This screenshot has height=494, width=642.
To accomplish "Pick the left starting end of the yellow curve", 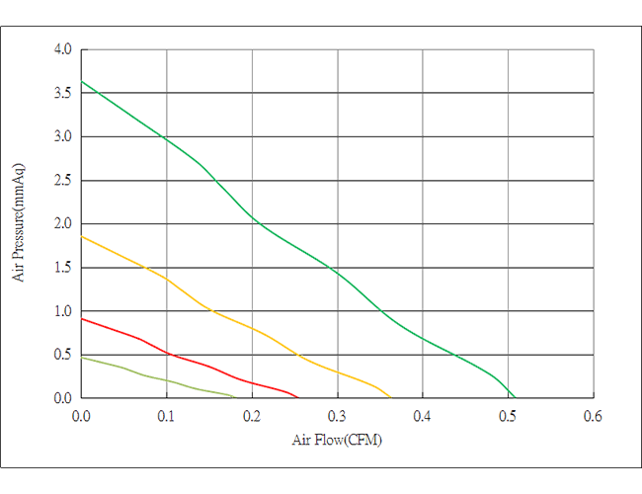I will click(83, 235).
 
